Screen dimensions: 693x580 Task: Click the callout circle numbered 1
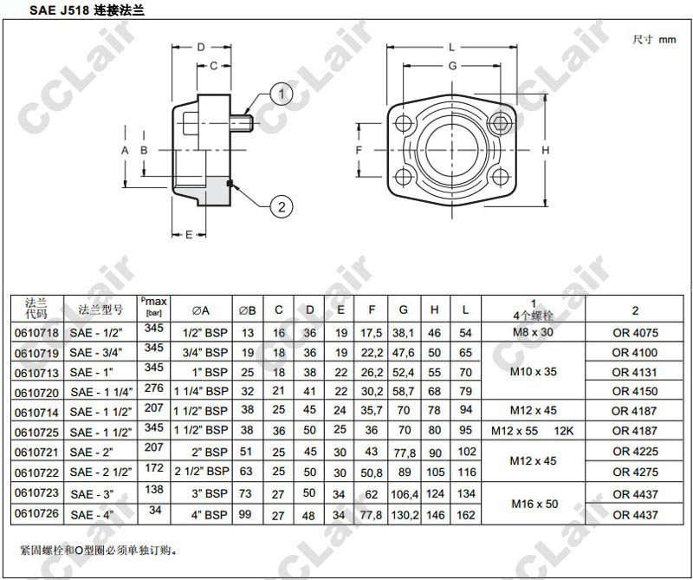click(x=282, y=94)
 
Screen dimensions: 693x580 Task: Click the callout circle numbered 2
click(x=282, y=206)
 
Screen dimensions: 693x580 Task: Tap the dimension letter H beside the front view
click(x=546, y=151)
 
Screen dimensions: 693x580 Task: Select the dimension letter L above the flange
click(x=451, y=48)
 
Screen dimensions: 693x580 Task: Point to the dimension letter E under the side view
click(x=189, y=234)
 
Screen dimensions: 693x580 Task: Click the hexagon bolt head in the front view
click(x=500, y=122)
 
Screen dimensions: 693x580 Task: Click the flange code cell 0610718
click(x=37, y=333)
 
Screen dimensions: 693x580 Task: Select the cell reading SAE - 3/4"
click(x=96, y=353)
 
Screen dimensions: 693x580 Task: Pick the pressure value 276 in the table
click(x=154, y=388)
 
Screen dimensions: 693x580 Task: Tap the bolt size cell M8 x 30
click(x=533, y=332)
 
